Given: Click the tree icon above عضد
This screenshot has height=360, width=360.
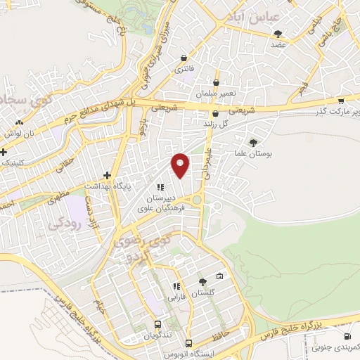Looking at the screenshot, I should coord(278,33).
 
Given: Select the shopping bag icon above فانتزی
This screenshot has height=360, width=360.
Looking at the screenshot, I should coord(184,58).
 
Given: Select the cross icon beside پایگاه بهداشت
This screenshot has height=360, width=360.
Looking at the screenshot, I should coord(107,175).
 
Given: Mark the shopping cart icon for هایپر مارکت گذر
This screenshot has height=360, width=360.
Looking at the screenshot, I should coord(341,101).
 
